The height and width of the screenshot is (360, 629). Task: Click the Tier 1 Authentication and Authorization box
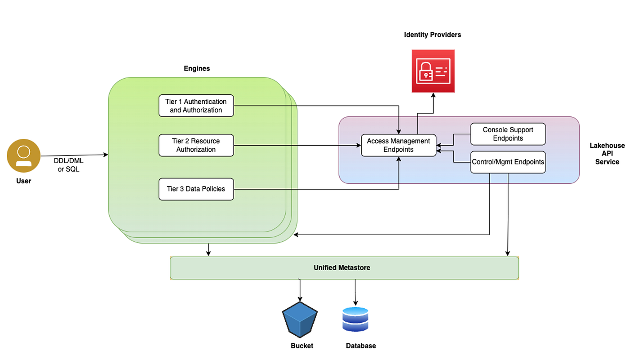[196, 106]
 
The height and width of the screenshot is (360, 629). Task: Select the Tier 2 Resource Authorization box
[196, 145]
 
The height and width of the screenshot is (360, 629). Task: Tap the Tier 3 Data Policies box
[196, 189]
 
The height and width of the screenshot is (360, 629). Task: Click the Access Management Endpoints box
[399, 145]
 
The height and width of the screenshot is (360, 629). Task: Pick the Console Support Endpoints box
[508, 134]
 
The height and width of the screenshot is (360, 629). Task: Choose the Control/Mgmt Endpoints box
[508, 162]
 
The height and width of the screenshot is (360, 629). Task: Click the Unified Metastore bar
[344, 268]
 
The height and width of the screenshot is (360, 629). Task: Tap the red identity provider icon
[433, 71]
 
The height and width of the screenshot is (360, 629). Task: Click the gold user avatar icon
[23, 155]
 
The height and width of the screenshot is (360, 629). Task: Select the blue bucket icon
[300, 320]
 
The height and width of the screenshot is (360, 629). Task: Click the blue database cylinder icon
[355, 320]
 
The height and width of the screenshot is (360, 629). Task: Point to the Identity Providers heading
[432, 35]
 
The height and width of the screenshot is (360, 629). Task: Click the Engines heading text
[197, 69]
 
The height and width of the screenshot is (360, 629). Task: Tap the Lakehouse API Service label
[607, 154]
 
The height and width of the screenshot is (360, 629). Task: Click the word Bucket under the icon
[302, 346]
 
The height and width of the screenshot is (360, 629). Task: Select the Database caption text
[361, 346]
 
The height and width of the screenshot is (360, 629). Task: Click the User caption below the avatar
[24, 181]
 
